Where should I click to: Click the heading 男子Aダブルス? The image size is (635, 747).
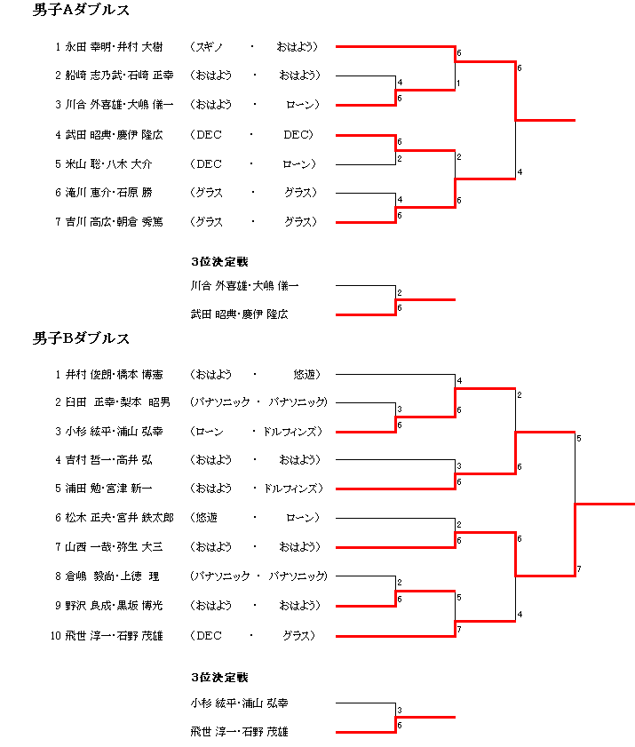[81, 10]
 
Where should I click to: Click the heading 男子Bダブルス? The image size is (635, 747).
[81, 338]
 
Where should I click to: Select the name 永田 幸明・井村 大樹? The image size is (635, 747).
[114, 47]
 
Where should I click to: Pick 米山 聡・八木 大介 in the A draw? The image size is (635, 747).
[108, 164]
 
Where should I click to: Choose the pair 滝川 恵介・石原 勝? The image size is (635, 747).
[108, 193]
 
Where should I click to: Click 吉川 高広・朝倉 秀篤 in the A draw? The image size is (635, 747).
[114, 222]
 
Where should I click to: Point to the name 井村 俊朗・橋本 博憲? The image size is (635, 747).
[114, 375]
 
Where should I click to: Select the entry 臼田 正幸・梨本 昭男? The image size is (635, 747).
[117, 402]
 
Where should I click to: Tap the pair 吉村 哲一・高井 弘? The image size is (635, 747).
[108, 460]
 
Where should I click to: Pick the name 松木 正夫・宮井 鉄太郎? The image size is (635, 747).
[119, 518]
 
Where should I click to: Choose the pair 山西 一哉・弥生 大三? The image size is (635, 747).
[114, 547]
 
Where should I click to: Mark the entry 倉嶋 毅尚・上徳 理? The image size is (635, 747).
[112, 576]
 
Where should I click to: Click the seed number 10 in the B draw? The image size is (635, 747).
[56, 636]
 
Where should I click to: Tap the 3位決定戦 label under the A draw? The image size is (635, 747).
[219, 261]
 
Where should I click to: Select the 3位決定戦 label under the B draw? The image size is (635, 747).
[219, 678]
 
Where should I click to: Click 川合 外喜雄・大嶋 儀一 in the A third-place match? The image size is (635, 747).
[244, 286]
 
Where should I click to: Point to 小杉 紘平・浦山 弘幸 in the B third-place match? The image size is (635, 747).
[239, 703]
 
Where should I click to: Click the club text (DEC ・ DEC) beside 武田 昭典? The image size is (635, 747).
[251, 135]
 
